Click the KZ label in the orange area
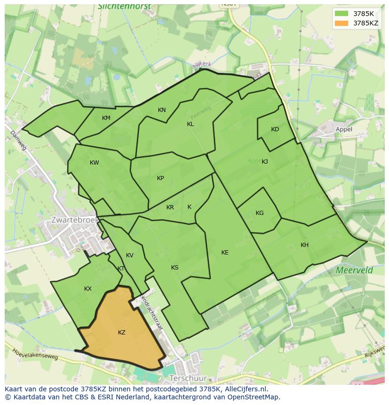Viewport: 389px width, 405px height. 122,333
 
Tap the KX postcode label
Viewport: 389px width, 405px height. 88,289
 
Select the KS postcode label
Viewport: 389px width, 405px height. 175,268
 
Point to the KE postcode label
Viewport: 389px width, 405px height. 225,253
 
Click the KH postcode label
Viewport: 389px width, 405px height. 304,245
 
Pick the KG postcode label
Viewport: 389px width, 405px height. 260,213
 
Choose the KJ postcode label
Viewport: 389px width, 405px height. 265,161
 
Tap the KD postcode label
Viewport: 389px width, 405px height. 275,129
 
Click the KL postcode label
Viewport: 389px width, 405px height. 190,124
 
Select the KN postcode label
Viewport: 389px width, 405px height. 162,110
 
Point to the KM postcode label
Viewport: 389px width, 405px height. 106,118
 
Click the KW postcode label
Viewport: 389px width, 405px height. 94,163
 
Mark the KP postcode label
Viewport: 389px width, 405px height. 161,178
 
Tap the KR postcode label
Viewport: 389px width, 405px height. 170,207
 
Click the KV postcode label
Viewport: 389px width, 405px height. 130,255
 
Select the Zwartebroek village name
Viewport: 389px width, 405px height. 74,220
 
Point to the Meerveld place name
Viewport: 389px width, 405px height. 354,270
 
